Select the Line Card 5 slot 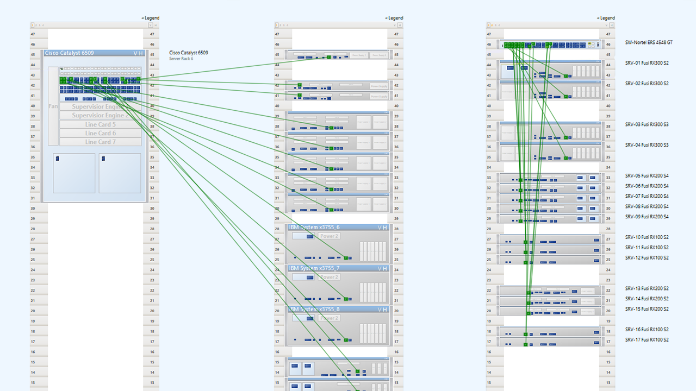[101, 124]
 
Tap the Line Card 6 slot [101, 133]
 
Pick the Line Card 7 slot [101, 142]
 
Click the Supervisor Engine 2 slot [101, 116]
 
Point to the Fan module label [53, 106]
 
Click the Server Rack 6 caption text [181, 59]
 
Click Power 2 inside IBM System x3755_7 [329, 277]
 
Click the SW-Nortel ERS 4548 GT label [649, 42]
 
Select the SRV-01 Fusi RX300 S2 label [647, 63]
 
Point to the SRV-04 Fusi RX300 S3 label [647, 145]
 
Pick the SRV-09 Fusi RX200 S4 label [647, 217]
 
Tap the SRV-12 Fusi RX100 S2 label [647, 258]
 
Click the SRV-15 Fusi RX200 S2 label [647, 309]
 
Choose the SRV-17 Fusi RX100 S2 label [647, 340]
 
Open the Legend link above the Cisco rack [151, 18]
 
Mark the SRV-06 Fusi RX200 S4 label [647, 186]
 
